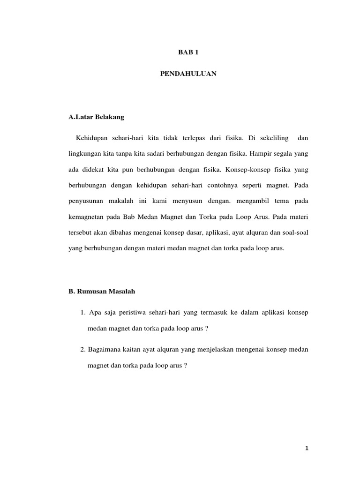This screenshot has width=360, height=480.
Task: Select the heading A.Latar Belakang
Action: [96, 117]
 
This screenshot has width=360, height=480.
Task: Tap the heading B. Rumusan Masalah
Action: [102, 291]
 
